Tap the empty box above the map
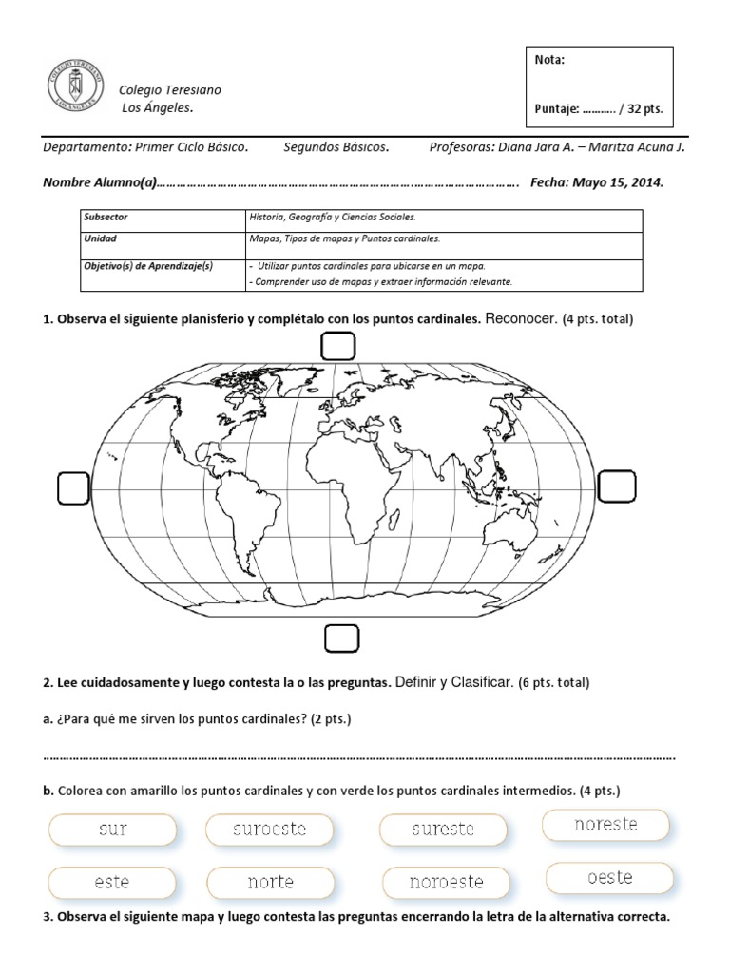pos(337,348)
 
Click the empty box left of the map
pos(73,488)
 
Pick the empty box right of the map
pos(617,487)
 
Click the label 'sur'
pos(113,829)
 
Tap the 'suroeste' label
pos(270,829)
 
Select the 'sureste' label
pos(442,829)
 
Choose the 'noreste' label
pos(605,824)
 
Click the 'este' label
pos(112,882)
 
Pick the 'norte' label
pos(271,882)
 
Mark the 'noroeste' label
pos(446,882)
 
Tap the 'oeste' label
pos(609,877)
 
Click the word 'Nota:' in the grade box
pos(550,60)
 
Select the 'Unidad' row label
pos(100,240)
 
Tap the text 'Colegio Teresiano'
pos(169,89)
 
